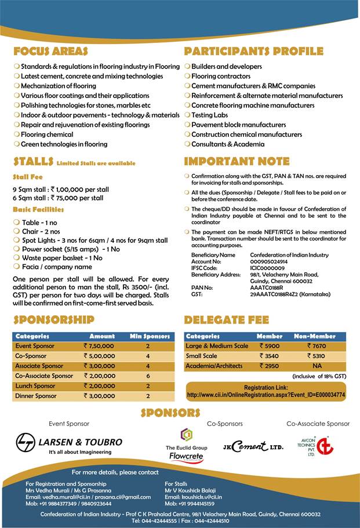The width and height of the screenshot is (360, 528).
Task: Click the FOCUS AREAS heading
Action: pos(50,52)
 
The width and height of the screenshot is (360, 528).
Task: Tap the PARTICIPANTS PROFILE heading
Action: pos(253,52)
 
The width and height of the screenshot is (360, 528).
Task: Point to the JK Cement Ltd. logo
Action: pos(253,447)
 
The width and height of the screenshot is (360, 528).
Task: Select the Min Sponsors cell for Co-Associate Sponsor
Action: pos(148,376)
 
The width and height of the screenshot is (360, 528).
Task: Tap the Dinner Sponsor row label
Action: pos(35,396)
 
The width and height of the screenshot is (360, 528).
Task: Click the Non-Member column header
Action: pos(312,336)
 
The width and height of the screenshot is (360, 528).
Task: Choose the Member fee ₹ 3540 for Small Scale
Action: pos(270,356)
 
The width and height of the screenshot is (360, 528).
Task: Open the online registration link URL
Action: pos(266,395)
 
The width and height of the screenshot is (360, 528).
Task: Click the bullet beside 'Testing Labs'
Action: pos(187,115)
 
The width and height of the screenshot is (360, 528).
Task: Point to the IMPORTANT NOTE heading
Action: pos(237,162)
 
